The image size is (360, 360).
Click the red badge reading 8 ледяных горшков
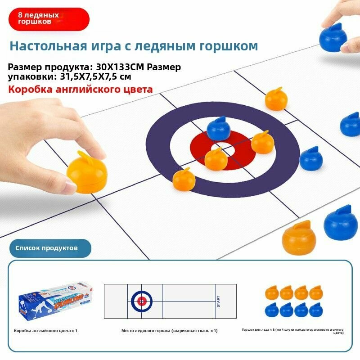pos(48,18)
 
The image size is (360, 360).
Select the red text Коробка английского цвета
pos(80,89)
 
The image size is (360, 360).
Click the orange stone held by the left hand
pos(87,172)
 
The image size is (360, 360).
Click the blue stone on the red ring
pos(219,129)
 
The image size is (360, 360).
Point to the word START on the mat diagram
pos(219,301)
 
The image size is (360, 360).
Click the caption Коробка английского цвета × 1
pos(45,331)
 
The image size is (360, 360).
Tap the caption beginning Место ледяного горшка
pos(169,331)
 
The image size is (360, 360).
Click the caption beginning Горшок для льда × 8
pos(292,331)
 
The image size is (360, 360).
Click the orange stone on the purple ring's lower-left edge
pos(184,179)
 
